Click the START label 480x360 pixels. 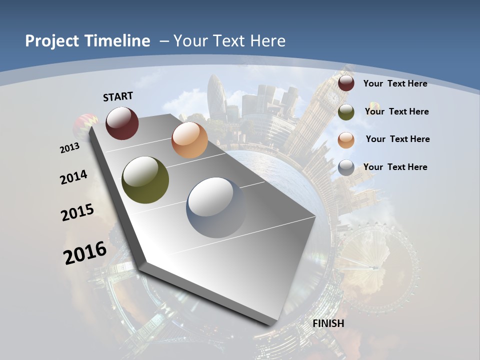(x=118, y=96)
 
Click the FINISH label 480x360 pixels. (x=328, y=323)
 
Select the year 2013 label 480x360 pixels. (x=69, y=148)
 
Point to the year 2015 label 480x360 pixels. (x=77, y=212)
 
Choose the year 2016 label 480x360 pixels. (x=85, y=252)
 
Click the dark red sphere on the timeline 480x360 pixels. (x=122, y=123)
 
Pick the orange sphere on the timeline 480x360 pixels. (x=189, y=140)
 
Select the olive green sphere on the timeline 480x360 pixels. (x=145, y=180)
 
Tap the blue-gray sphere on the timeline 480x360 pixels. (x=216, y=207)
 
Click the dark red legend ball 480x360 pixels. (x=346, y=83)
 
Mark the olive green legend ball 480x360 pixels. (x=346, y=112)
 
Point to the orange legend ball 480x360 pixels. (x=346, y=140)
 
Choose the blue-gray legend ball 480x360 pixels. (x=346, y=168)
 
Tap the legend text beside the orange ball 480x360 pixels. (x=397, y=139)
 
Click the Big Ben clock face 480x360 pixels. (x=332, y=97)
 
